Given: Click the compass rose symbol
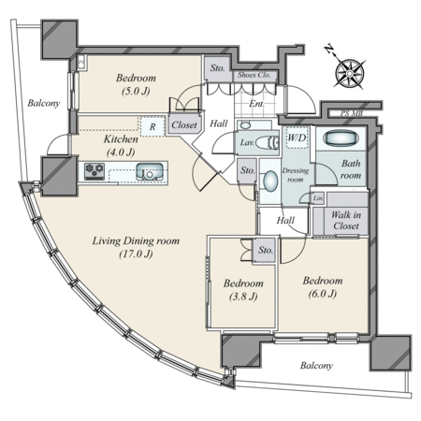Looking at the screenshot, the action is pyautogui.click(x=349, y=74).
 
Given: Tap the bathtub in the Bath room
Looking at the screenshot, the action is pyautogui.click(x=341, y=138).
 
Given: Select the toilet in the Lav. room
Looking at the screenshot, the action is pyautogui.click(x=267, y=143).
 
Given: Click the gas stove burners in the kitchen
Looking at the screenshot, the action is pyautogui.click(x=94, y=171).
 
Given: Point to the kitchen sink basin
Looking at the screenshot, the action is pyautogui.click(x=150, y=171).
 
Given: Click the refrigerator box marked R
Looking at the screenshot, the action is pyautogui.click(x=152, y=126).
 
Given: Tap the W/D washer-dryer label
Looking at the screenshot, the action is pyautogui.click(x=298, y=138).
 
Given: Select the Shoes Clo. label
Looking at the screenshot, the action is pyautogui.click(x=254, y=75).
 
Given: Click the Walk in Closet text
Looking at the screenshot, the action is pyautogui.click(x=346, y=220).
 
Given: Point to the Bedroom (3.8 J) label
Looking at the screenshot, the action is pyautogui.click(x=243, y=290).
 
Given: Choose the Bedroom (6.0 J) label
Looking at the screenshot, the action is pyautogui.click(x=323, y=287).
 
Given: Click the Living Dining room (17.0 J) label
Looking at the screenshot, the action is pyautogui.click(x=136, y=247).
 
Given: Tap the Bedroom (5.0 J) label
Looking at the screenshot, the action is pyautogui.click(x=136, y=84).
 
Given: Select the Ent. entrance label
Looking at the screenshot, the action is pyautogui.click(x=256, y=104).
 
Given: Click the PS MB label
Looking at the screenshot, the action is pyautogui.click(x=352, y=113).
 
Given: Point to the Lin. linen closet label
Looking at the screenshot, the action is pyautogui.click(x=318, y=198).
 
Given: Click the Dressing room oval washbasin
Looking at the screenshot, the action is pyautogui.click(x=270, y=181).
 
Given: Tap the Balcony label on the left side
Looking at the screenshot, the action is pyautogui.click(x=44, y=103).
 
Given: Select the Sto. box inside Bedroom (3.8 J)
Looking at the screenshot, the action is pyautogui.click(x=265, y=250).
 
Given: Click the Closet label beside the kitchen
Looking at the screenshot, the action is pyautogui.click(x=184, y=125).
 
